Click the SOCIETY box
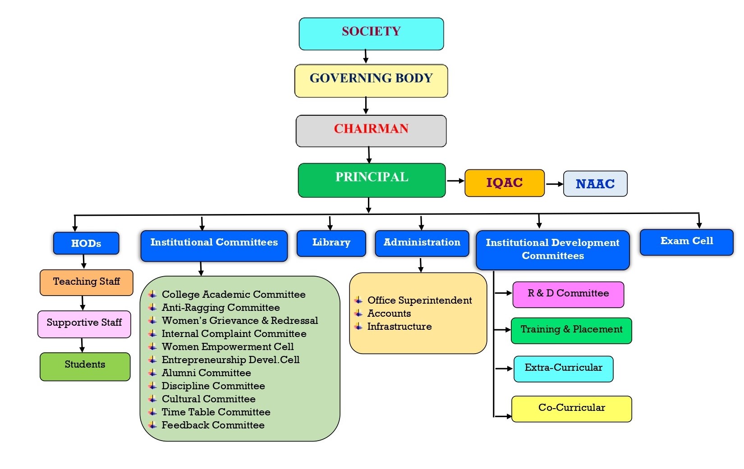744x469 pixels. (x=371, y=34)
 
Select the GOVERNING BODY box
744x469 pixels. (x=371, y=81)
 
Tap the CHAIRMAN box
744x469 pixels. (x=371, y=131)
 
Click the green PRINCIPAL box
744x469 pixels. (x=372, y=180)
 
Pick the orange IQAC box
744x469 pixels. (x=504, y=183)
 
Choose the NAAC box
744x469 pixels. (x=595, y=184)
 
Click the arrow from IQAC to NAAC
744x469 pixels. (x=554, y=184)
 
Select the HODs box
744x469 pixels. (x=86, y=243)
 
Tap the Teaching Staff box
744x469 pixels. (x=87, y=282)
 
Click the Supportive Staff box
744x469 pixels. (x=84, y=323)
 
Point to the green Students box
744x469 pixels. (x=85, y=366)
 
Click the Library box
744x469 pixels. (x=331, y=243)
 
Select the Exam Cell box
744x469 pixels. (x=686, y=242)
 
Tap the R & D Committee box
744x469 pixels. (x=568, y=295)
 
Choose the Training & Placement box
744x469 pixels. (x=571, y=330)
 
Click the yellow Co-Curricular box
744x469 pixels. (x=571, y=409)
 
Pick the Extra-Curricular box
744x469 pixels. (x=563, y=369)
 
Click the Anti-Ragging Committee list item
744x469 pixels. (x=220, y=308)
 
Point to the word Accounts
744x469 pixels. (x=389, y=314)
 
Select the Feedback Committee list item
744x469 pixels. (x=213, y=425)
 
